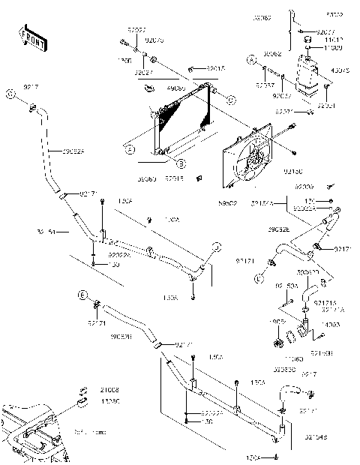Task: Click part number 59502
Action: coord(229,202)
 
